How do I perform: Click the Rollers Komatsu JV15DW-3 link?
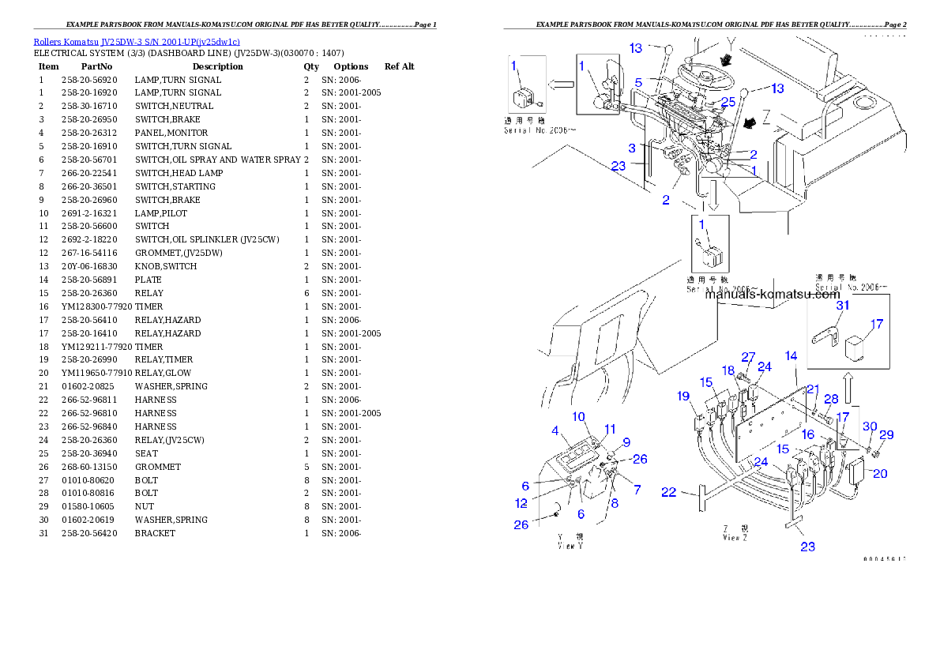(x=136, y=41)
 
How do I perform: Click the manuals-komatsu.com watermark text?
(x=772, y=295)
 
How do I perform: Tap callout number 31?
(x=821, y=305)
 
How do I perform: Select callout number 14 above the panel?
(x=791, y=356)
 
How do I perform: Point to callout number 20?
(x=880, y=474)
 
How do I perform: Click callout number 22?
(x=669, y=492)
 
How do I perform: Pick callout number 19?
(x=682, y=396)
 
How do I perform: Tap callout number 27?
(x=747, y=357)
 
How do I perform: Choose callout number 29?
(x=887, y=435)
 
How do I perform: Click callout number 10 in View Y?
(x=578, y=416)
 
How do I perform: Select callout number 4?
(x=555, y=430)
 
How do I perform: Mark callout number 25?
(x=728, y=101)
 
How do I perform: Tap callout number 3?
(x=632, y=148)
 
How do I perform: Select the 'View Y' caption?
(x=570, y=539)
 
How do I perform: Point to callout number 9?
(x=626, y=441)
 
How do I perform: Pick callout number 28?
(x=831, y=399)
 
